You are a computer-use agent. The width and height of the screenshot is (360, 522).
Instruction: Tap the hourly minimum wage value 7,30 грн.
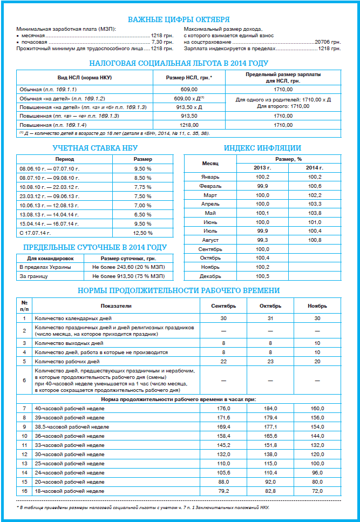(x=162, y=42)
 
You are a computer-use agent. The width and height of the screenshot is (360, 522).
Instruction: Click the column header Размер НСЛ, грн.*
(x=188, y=77)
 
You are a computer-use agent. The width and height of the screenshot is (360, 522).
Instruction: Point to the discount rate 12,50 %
(x=143, y=233)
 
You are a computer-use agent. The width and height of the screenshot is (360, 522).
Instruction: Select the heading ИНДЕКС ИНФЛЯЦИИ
(x=262, y=147)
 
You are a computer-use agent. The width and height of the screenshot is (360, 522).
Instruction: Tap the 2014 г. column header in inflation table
(x=314, y=167)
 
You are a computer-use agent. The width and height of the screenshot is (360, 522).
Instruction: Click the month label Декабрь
(x=210, y=276)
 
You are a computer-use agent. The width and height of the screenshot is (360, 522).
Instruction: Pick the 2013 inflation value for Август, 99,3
(x=262, y=240)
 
